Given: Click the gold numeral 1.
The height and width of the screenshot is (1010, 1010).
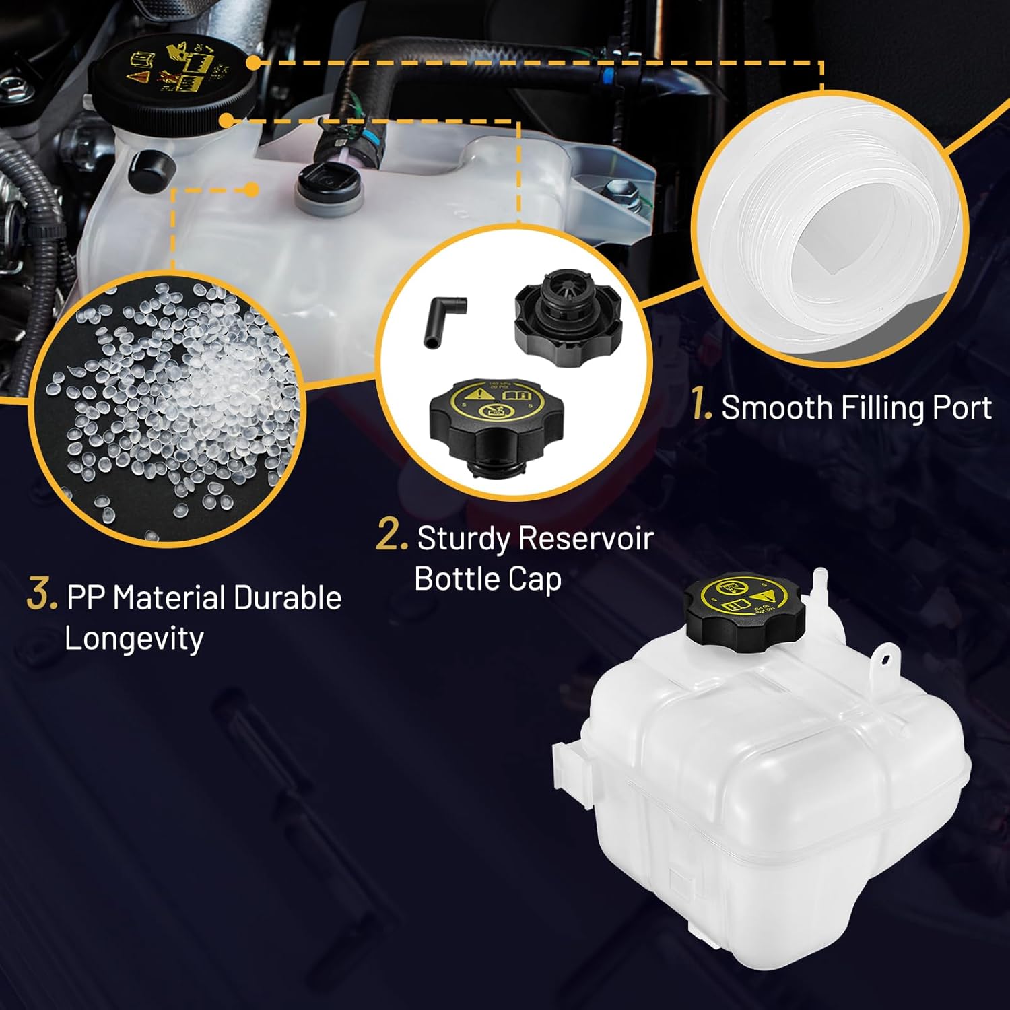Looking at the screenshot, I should [702, 407].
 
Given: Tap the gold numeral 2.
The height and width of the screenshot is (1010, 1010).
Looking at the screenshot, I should [392, 537].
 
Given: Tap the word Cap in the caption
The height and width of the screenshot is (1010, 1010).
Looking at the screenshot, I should [535, 579].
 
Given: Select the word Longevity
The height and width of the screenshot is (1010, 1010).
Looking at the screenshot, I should [134, 638].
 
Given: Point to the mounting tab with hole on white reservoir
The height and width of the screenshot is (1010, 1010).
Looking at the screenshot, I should [883, 661].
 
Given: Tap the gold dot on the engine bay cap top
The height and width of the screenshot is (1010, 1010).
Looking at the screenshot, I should [252, 63].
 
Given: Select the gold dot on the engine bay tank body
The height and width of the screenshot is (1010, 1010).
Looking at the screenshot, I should [251, 190].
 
